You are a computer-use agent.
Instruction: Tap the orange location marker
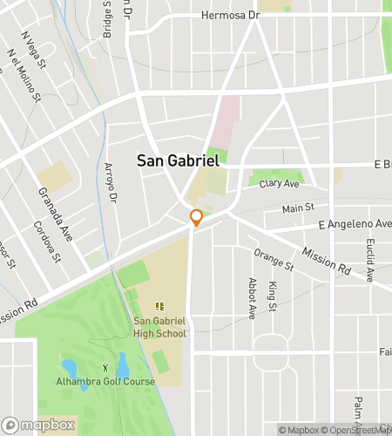197,218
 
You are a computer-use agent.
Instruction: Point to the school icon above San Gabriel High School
159,306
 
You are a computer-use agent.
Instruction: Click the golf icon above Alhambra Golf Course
107,368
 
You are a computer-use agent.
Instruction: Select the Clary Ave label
279,184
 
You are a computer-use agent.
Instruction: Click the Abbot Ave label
251,298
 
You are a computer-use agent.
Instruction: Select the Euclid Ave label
370,261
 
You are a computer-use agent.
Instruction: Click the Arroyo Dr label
111,183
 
